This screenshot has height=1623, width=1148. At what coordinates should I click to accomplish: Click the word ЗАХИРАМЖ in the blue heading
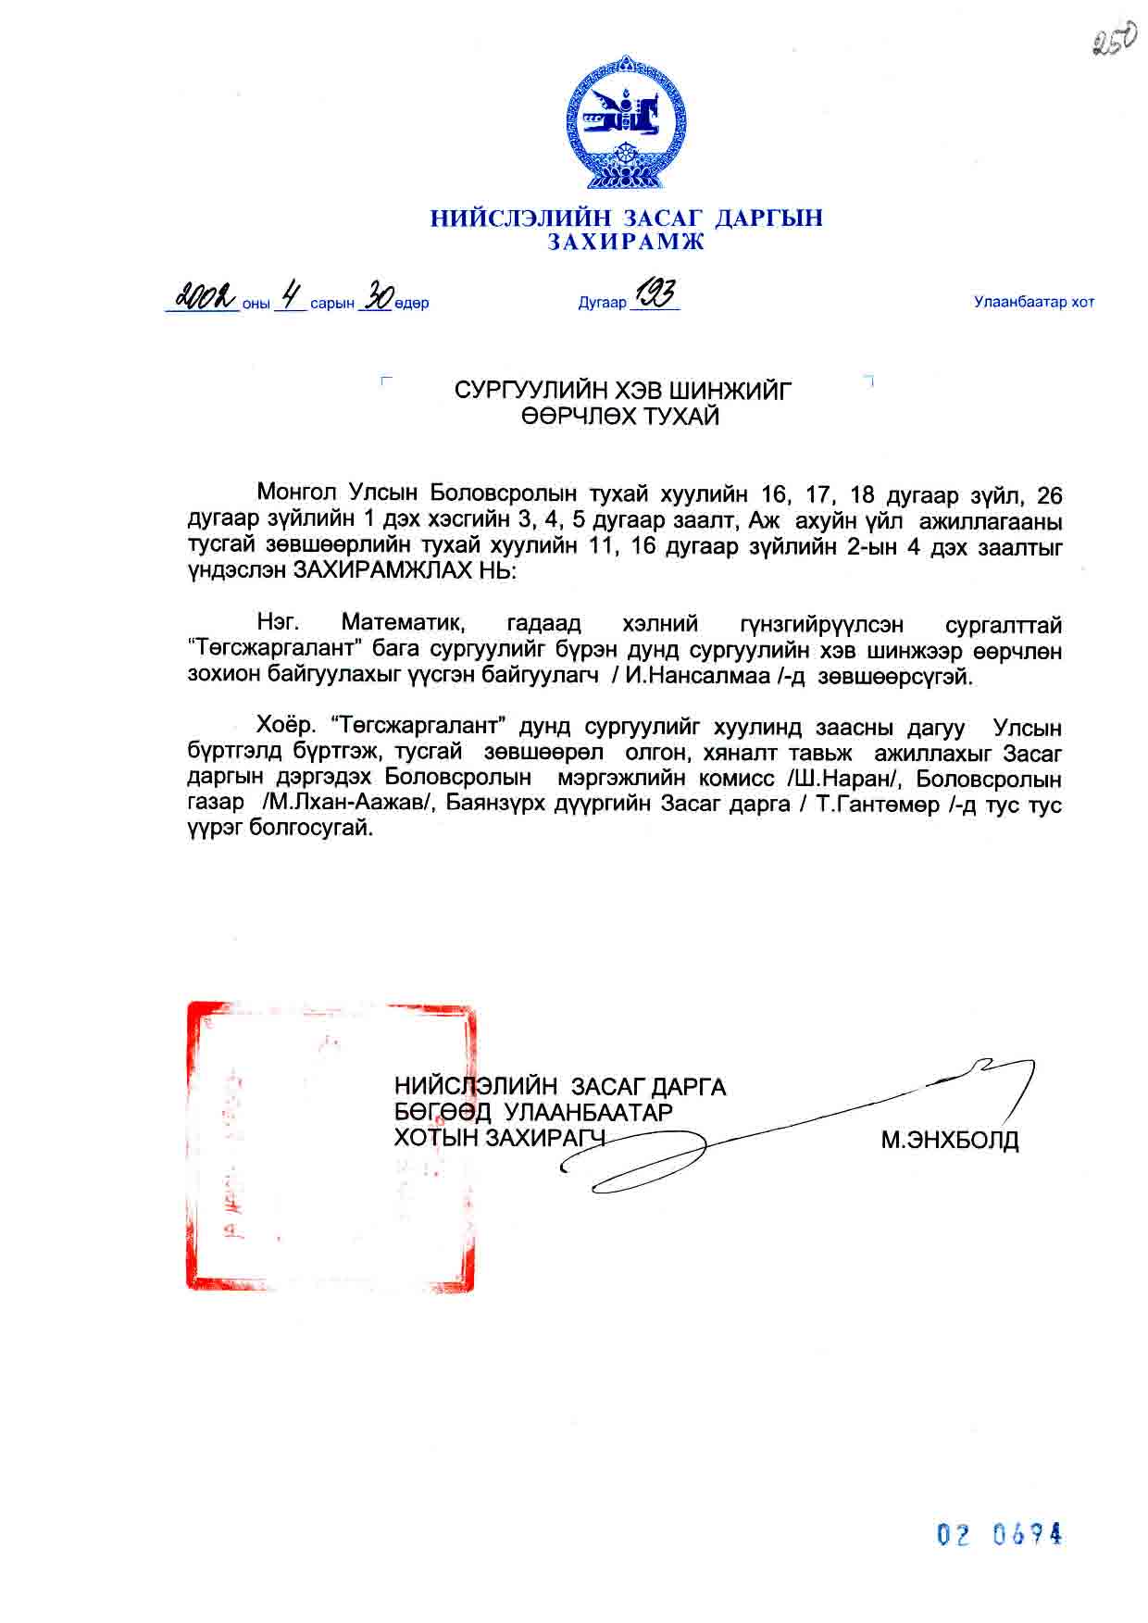(626, 243)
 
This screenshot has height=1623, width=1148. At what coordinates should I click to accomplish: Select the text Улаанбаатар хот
(1033, 302)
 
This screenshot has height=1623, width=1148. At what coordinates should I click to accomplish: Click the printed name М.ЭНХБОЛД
(950, 1140)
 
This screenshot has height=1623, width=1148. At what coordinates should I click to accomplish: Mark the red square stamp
(331, 1145)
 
